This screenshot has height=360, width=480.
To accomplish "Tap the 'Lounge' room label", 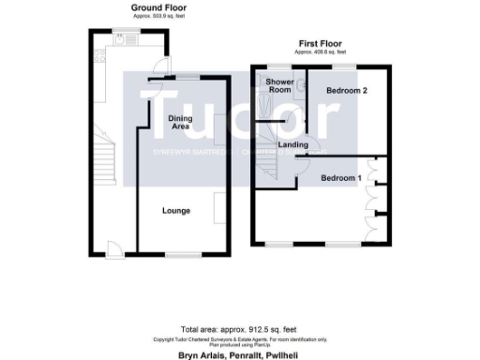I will (x=176, y=211).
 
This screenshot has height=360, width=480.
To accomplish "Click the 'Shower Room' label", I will (x=279, y=87).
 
